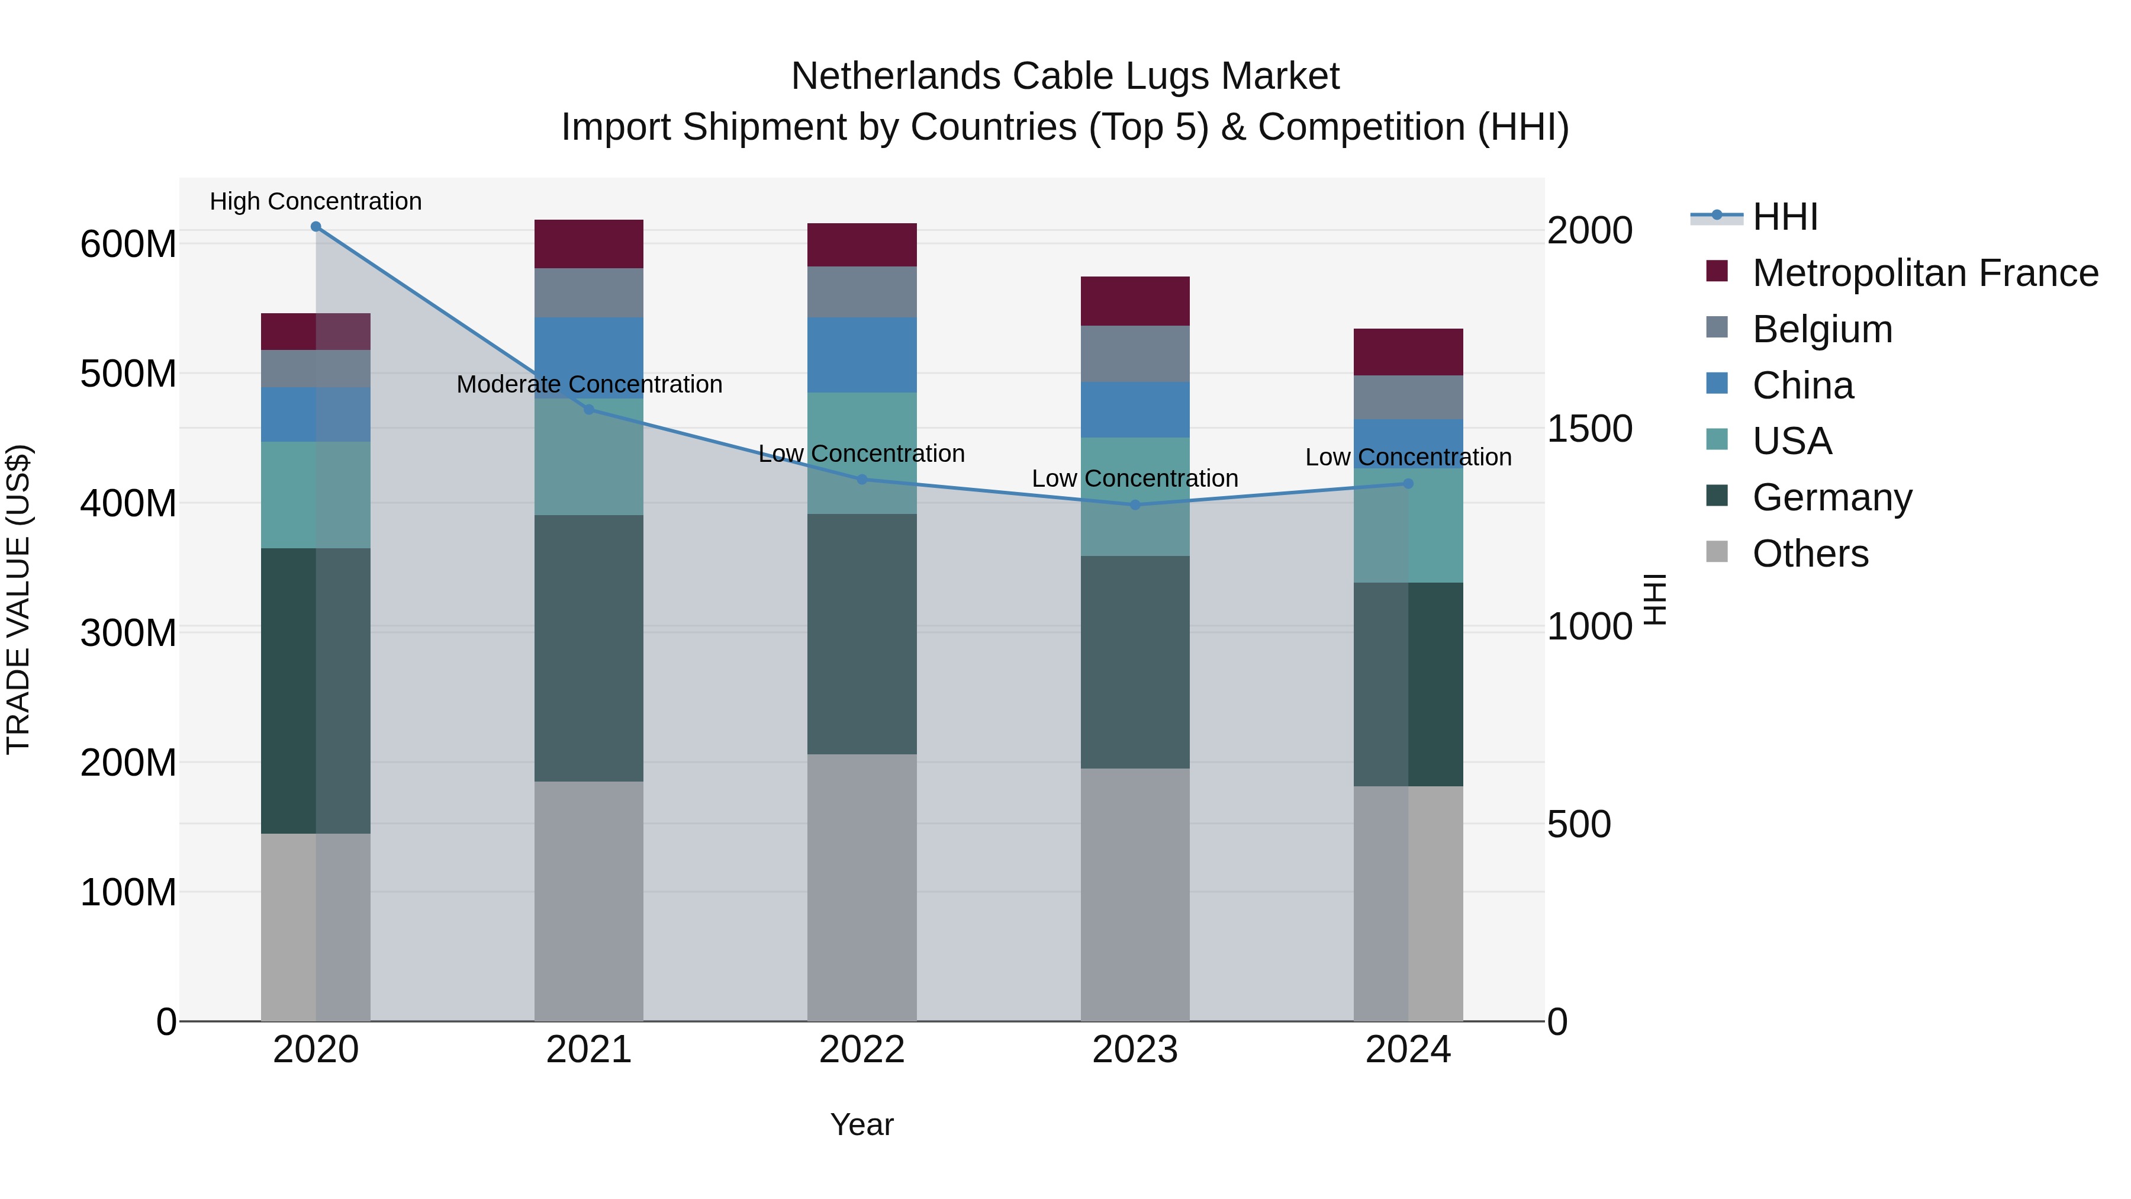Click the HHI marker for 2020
point(316,227)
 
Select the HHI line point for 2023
point(1135,504)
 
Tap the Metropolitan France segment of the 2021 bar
point(589,244)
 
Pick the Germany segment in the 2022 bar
point(862,634)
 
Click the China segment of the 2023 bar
point(1135,410)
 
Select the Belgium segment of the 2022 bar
point(862,292)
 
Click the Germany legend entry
point(1831,497)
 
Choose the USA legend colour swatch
point(1717,440)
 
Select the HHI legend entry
point(1784,217)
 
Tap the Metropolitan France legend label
point(1925,273)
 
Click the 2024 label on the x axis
point(1408,1050)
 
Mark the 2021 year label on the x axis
point(589,1050)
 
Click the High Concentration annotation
point(316,201)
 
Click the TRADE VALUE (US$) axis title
point(18,599)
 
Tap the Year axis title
point(862,1124)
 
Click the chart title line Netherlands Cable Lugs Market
point(1065,76)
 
